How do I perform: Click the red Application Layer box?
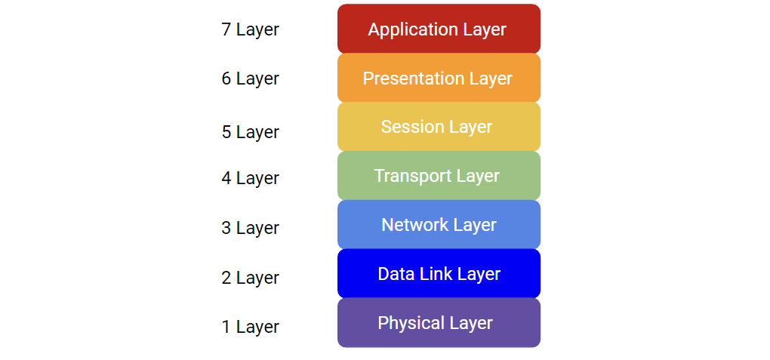(439, 29)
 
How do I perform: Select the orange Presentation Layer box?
(439, 78)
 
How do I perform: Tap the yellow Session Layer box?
(439, 127)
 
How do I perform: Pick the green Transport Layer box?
(439, 176)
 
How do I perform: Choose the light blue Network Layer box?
(439, 225)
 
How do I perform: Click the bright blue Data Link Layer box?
(439, 273)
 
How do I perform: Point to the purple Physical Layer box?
(439, 322)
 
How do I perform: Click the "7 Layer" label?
(250, 29)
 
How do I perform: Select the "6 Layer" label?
(250, 78)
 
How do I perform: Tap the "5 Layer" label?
(250, 132)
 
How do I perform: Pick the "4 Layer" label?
(250, 178)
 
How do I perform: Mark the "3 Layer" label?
(250, 228)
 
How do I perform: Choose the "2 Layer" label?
(250, 278)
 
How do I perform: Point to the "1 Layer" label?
(250, 327)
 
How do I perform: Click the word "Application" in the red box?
(412, 30)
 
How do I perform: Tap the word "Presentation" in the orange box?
(413, 78)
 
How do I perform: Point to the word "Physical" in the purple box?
(411, 323)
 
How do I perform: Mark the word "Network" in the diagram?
(414, 225)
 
